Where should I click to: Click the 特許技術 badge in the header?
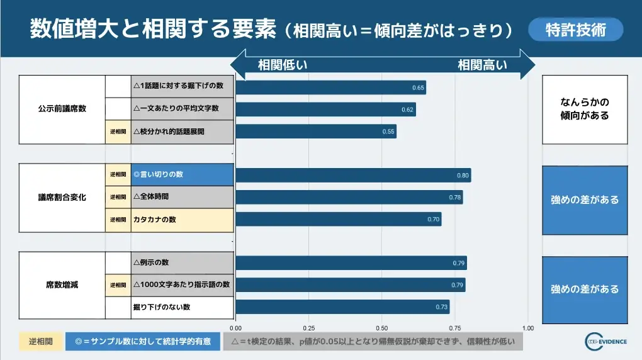pos(575,30)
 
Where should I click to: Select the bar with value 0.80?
pos(352,175)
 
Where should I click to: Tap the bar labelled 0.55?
pos(315,132)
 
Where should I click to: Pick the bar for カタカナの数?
pos(338,219)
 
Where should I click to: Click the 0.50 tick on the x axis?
pos(381,328)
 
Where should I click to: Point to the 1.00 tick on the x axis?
pos(527,328)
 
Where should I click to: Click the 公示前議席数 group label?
pos(62,108)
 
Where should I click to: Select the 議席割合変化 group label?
pos(62,197)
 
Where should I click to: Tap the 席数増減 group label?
pos(62,285)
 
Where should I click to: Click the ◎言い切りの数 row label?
pos(183,174)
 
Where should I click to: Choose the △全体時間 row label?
pos(183,197)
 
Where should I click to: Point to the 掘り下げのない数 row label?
pos(183,307)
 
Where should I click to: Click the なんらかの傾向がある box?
pos(585,109)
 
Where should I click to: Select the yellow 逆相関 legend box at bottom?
pos(40,341)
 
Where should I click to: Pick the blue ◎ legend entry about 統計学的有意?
pos(142,341)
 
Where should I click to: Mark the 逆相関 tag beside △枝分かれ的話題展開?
pos(118,132)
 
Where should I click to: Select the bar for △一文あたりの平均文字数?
pos(325,110)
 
